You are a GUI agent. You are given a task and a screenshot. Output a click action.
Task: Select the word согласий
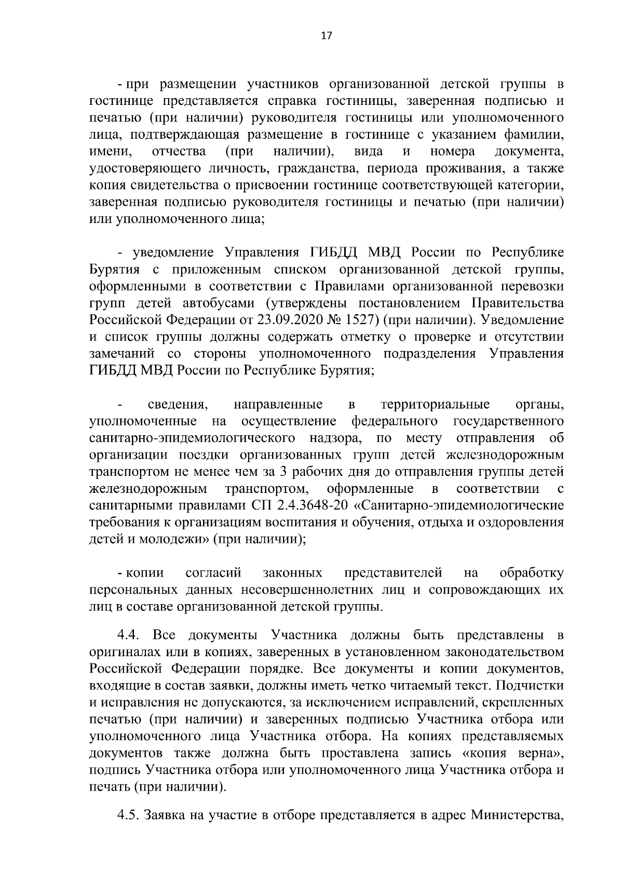pyautogui.click(x=213, y=573)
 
